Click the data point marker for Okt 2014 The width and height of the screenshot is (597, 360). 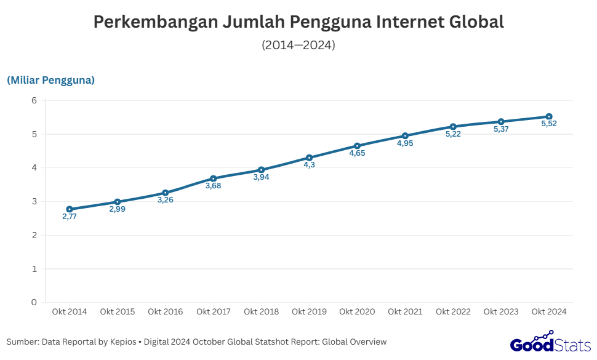(70, 209)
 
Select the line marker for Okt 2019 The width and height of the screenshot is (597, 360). (309, 158)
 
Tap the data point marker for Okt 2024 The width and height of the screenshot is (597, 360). (549, 116)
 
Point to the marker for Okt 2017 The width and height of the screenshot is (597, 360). (214, 178)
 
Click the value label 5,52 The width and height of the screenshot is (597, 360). (549, 124)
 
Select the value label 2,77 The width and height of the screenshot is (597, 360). (70, 217)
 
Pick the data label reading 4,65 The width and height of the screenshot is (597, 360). (357, 153)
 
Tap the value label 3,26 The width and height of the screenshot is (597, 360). (166, 200)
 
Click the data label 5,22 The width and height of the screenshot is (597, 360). (453, 134)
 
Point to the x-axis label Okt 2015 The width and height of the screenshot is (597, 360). (118, 312)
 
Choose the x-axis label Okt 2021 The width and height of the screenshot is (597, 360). (405, 312)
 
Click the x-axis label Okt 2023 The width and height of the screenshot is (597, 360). (501, 312)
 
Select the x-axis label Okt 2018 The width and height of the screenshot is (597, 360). (261, 312)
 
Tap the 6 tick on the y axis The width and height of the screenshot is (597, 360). (34, 100)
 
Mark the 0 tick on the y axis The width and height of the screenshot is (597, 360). (34, 302)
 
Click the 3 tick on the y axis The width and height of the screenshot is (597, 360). (34, 201)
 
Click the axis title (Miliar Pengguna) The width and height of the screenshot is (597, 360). (50, 81)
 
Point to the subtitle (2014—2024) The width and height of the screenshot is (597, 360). (298, 45)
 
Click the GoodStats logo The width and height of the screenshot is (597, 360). (550, 342)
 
